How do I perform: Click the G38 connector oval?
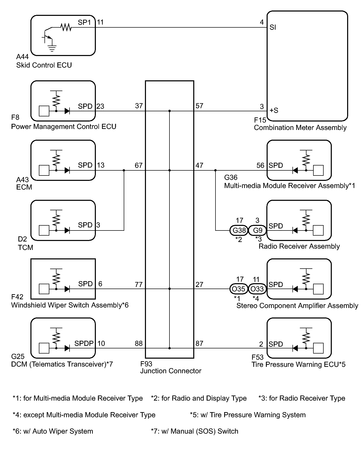(x=239, y=230)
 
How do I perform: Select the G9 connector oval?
(x=258, y=230)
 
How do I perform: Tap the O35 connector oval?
(x=238, y=289)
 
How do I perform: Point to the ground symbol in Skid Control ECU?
(x=52, y=48)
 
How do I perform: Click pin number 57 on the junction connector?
(x=199, y=106)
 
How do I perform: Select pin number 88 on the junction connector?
(x=139, y=343)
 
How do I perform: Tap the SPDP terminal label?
(x=84, y=343)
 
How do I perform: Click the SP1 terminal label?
(x=84, y=23)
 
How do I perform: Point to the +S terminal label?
(x=274, y=111)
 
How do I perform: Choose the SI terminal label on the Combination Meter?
(x=273, y=27)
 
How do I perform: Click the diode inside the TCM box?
(x=67, y=230)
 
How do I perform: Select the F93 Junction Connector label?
(x=171, y=367)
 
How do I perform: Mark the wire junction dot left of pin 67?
(x=124, y=170)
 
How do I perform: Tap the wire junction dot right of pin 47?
(x=215, y=170)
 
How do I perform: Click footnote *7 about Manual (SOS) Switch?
(x=195, y=431)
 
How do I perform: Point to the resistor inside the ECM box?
(x=56, y=160)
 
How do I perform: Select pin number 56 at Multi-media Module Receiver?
(x=260, y=166)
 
